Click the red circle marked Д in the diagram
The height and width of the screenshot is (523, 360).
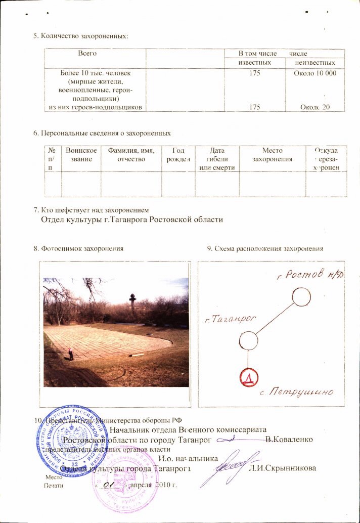point(248,377)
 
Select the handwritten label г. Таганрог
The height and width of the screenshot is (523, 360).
point(230,319)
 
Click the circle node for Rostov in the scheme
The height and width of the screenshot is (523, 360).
point(301,296)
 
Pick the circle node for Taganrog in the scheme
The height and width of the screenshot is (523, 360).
point(248,340)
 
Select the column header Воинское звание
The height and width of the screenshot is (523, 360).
point(81,155)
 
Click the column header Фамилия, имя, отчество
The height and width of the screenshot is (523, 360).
point(131,155)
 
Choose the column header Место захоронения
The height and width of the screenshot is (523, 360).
point(272,155)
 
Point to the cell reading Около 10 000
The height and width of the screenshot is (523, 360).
point(315,73)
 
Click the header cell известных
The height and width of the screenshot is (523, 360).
point(255,63)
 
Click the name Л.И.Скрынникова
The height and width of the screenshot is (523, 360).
point(282,468)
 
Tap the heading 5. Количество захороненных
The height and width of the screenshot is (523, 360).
point(80,36)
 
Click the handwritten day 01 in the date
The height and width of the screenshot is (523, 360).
point(107,485)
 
